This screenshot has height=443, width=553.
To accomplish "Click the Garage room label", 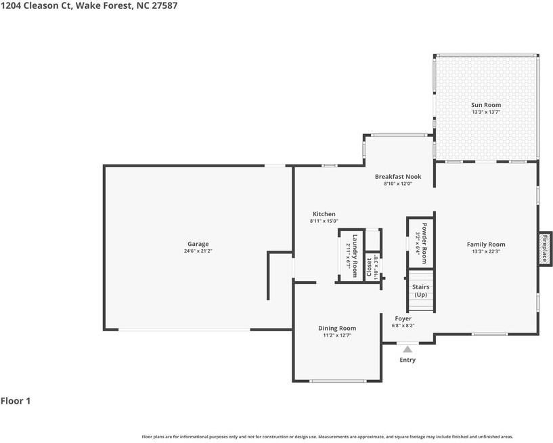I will pyautogui.click(x=198, y=244).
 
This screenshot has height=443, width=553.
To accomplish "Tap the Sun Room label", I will pyautogui.click(x=486, y=105).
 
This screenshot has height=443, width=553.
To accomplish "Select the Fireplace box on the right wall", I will pyautogui.click(x=545, y=248).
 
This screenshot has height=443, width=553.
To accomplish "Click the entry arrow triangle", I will pyautogui.click(x=407, y=349).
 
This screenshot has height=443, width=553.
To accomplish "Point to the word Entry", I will pyautogui.click(x=407, y=360).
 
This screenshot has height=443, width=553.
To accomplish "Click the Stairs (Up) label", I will pyautogui.click(x=420, y=291).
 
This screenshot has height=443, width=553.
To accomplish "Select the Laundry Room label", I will pyautogui.click(x=354, y=251).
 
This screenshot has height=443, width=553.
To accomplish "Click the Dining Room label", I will pyautogui.click(x=337, y=328).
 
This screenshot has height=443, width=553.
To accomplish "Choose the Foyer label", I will pyautogui.click(x=403, y=318).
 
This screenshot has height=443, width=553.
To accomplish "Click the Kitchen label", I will pyautogui.click(x=324, y=214).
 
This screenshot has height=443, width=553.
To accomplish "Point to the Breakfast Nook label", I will pyautogui.click(x=398, y=176).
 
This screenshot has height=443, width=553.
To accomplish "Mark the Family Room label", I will pyautogui.click(x=486, y=245).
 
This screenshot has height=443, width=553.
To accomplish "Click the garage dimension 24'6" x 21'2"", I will pyautogui.click(x=198, y=251).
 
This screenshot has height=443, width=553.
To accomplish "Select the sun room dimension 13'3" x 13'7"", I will pyautogui.click(x=486, y=112).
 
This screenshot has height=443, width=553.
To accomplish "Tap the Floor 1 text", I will pyautogui.click(x=16, y=401).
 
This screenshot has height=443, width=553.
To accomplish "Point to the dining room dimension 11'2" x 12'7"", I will pyautogui.click(x=337, y=335).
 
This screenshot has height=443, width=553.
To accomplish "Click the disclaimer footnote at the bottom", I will pyautogui.click(x=327, y=437).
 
